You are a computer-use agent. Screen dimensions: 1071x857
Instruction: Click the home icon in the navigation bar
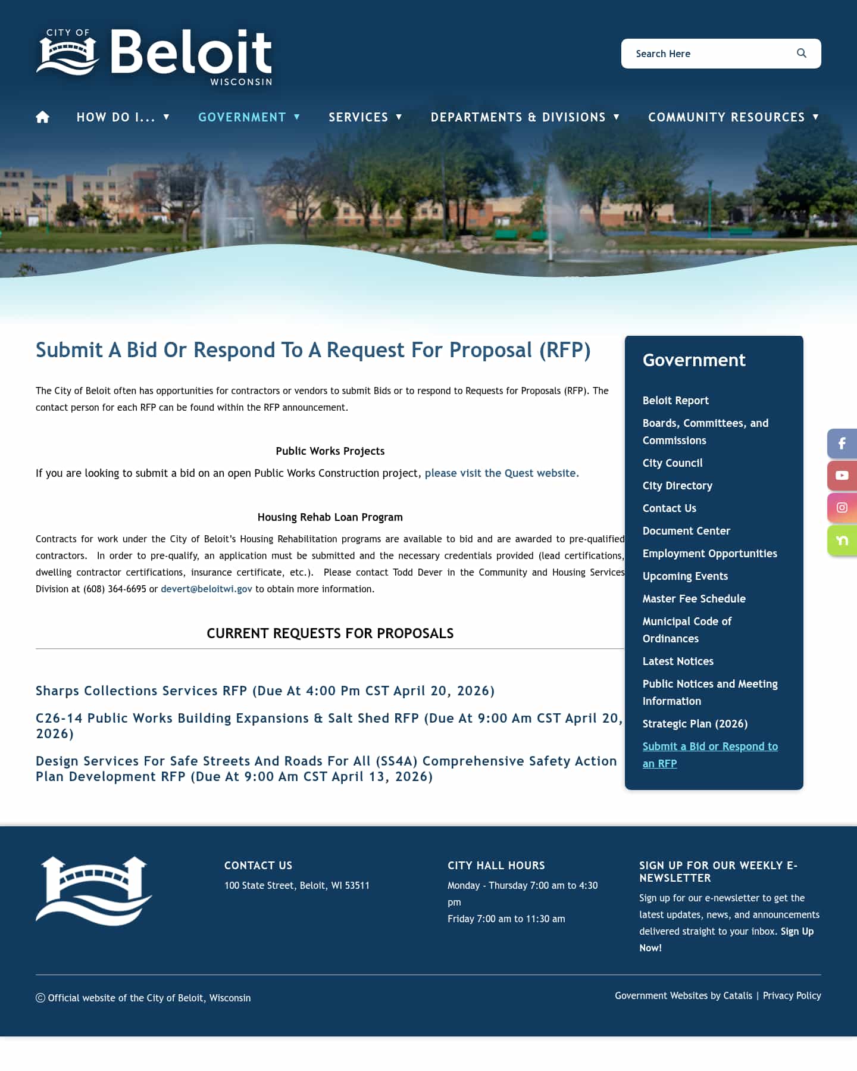pyautogui.click(x=42, y=117)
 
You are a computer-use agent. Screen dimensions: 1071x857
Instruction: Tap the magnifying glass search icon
pyautogui.click(x=802, y=54)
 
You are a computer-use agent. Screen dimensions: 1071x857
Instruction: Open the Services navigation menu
pyautogui.click(x=365, y=117)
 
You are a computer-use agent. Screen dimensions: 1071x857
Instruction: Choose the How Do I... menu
pyautogui.click(x=123, y=117)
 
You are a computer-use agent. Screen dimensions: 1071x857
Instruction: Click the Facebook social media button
pyautogui.click(x=842, y=444)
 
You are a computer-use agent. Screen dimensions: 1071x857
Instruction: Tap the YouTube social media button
pyautogui.click(x=842, y=476)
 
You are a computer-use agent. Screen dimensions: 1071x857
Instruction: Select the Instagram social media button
pyautogui.click(x=842, y=508)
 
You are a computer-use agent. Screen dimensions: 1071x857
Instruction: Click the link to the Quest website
pyautogui.click(x=501, y=473)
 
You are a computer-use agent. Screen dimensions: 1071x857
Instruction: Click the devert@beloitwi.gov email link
pyautogui.click(x=207, y=589)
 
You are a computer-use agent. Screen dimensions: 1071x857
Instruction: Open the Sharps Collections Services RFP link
pyautogui.click(x=265, y=691)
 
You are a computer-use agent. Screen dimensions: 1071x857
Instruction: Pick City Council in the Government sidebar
pyautogui.click(x=673, y=463)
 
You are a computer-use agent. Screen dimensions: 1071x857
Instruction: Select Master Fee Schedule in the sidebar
pyautogui.click(x=694, y=599)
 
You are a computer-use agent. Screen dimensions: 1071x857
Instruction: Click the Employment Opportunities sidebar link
pyautogui.click(x=709, y=554)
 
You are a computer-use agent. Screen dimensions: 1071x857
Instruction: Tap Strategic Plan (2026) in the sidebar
pyautogui.click(x=695, y=724)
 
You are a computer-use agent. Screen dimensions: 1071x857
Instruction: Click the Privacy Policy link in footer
pyautogui.click(x=792, y=995)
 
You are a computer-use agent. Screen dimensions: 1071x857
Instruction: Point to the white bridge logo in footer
pyautogui.click(x=94, y=891)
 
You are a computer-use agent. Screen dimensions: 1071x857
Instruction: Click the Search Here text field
pyautogui.click(x=708, y=54)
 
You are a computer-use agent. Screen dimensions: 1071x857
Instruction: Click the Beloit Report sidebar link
pyautogui.click(x=675, y=401)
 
